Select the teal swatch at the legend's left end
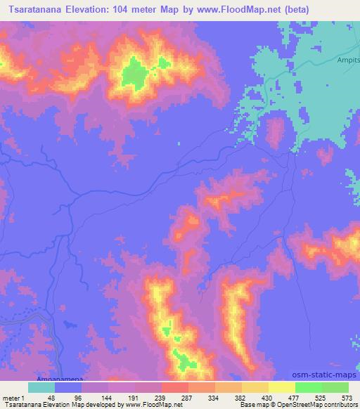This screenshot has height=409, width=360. click(x=41, y=387)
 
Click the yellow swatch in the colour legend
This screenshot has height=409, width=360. click(x=282, y=387)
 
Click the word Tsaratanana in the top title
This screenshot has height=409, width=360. click(x=37, y=10)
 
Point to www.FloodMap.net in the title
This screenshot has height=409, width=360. click(x=262, y=10)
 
